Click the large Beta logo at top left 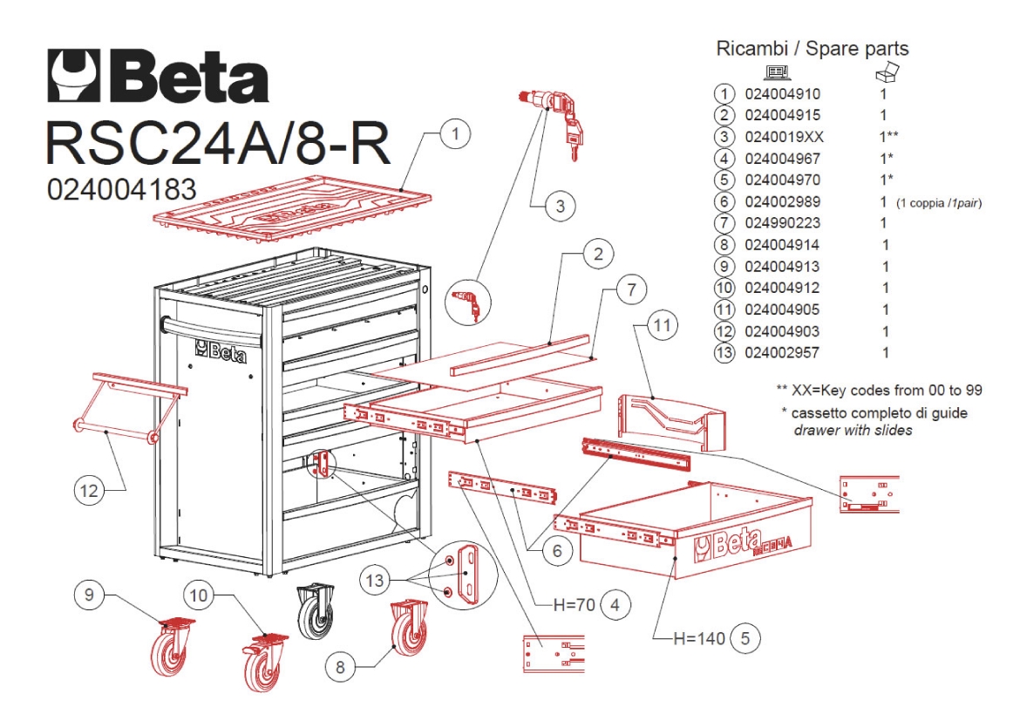(158, 76)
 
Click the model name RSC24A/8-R (219, 142)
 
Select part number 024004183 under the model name (122, 189)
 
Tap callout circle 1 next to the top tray (455, 133)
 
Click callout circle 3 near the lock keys (560, 207)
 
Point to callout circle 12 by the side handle (90, 490)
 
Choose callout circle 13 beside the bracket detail (376, 580)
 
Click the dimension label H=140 (698, 638)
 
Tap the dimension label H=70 (574, 605)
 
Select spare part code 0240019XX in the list (784, 137)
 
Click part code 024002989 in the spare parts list (783, 201)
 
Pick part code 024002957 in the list (782, 353)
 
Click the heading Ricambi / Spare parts (812, 49)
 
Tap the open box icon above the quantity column (887, 71)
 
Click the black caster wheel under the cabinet (316, 611)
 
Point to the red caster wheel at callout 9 (172, 645)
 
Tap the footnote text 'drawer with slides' (853, 430)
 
